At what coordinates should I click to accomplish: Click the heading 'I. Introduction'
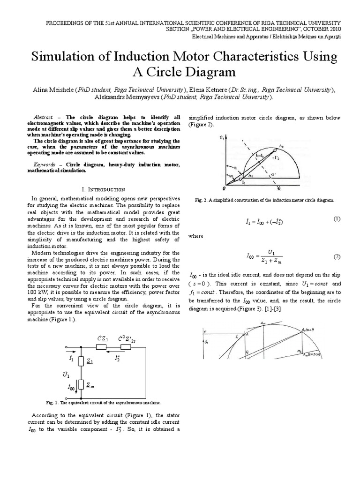coord(104,189)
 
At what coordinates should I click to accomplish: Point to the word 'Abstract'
coord(45,117)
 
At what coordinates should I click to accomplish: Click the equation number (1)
coord(337,219)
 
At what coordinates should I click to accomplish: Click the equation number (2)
coord(337,256)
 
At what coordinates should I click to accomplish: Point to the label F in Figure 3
coord(205,332)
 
